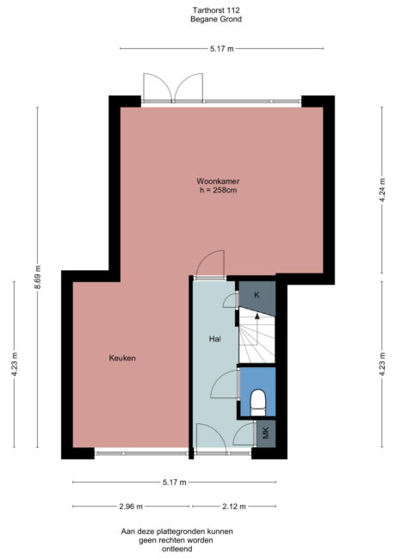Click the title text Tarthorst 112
pos(204,9)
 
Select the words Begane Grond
pos(204,18)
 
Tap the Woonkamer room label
pos(217,181)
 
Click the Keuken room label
pos(123,358)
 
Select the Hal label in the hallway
pos(215,339)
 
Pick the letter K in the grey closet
pos(256,295)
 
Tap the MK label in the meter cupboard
pos(266,433)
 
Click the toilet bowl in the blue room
pos(257,401)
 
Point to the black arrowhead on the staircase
pos(256,316)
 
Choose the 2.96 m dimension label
pos(131,506)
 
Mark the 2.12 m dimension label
pos(234,506)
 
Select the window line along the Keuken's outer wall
pos(142,451)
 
